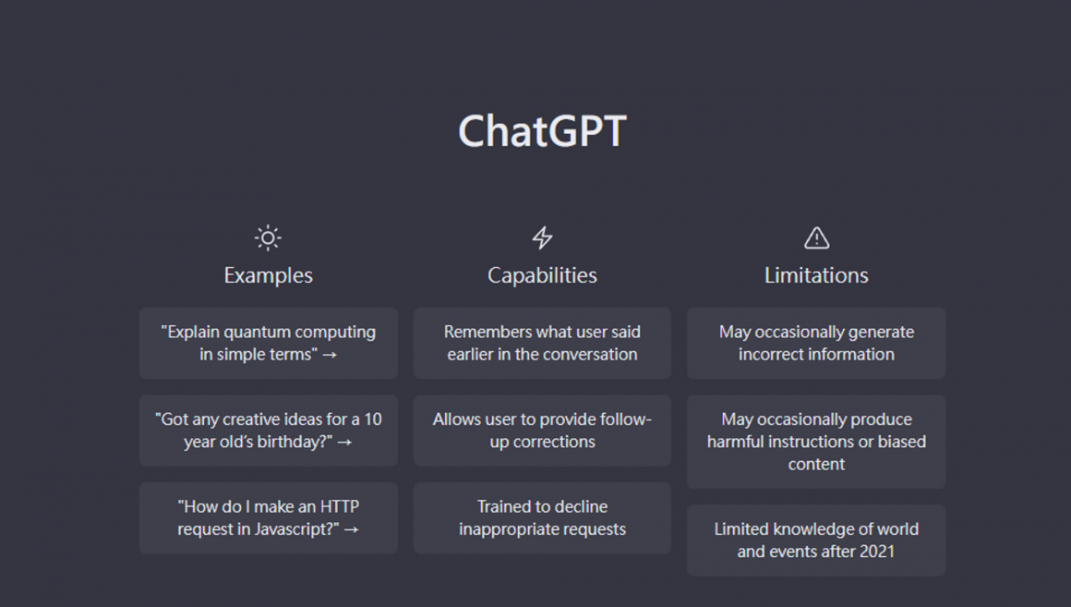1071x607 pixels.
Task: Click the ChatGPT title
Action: tap(542, 130)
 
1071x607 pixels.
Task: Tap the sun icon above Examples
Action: tap(268, 237)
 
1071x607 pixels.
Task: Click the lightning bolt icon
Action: tap(542, 237)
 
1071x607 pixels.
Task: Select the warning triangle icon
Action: tap(816, 237)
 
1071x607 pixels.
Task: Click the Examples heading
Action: tap(269, 275)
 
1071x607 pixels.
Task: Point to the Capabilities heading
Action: tap(542, 275)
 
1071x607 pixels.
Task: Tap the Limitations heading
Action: tap(816, 275)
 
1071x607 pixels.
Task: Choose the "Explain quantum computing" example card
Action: tap(269, 343)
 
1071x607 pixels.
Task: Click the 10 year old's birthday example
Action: tap(269, 431)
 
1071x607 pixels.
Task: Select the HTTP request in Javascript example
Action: tap(269, 518)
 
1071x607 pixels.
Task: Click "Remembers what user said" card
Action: tap(542, 343)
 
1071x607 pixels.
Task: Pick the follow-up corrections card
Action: tap(542, 431)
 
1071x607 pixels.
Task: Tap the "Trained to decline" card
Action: tap(542, 518)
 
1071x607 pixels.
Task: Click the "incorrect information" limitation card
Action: tap(816, 343)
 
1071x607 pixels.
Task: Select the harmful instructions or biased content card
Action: tap(816, 442)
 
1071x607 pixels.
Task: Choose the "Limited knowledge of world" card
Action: tap(816, 540)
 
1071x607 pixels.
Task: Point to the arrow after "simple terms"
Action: tap(330, 355)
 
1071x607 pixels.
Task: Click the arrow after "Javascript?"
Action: tap(351, 529)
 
